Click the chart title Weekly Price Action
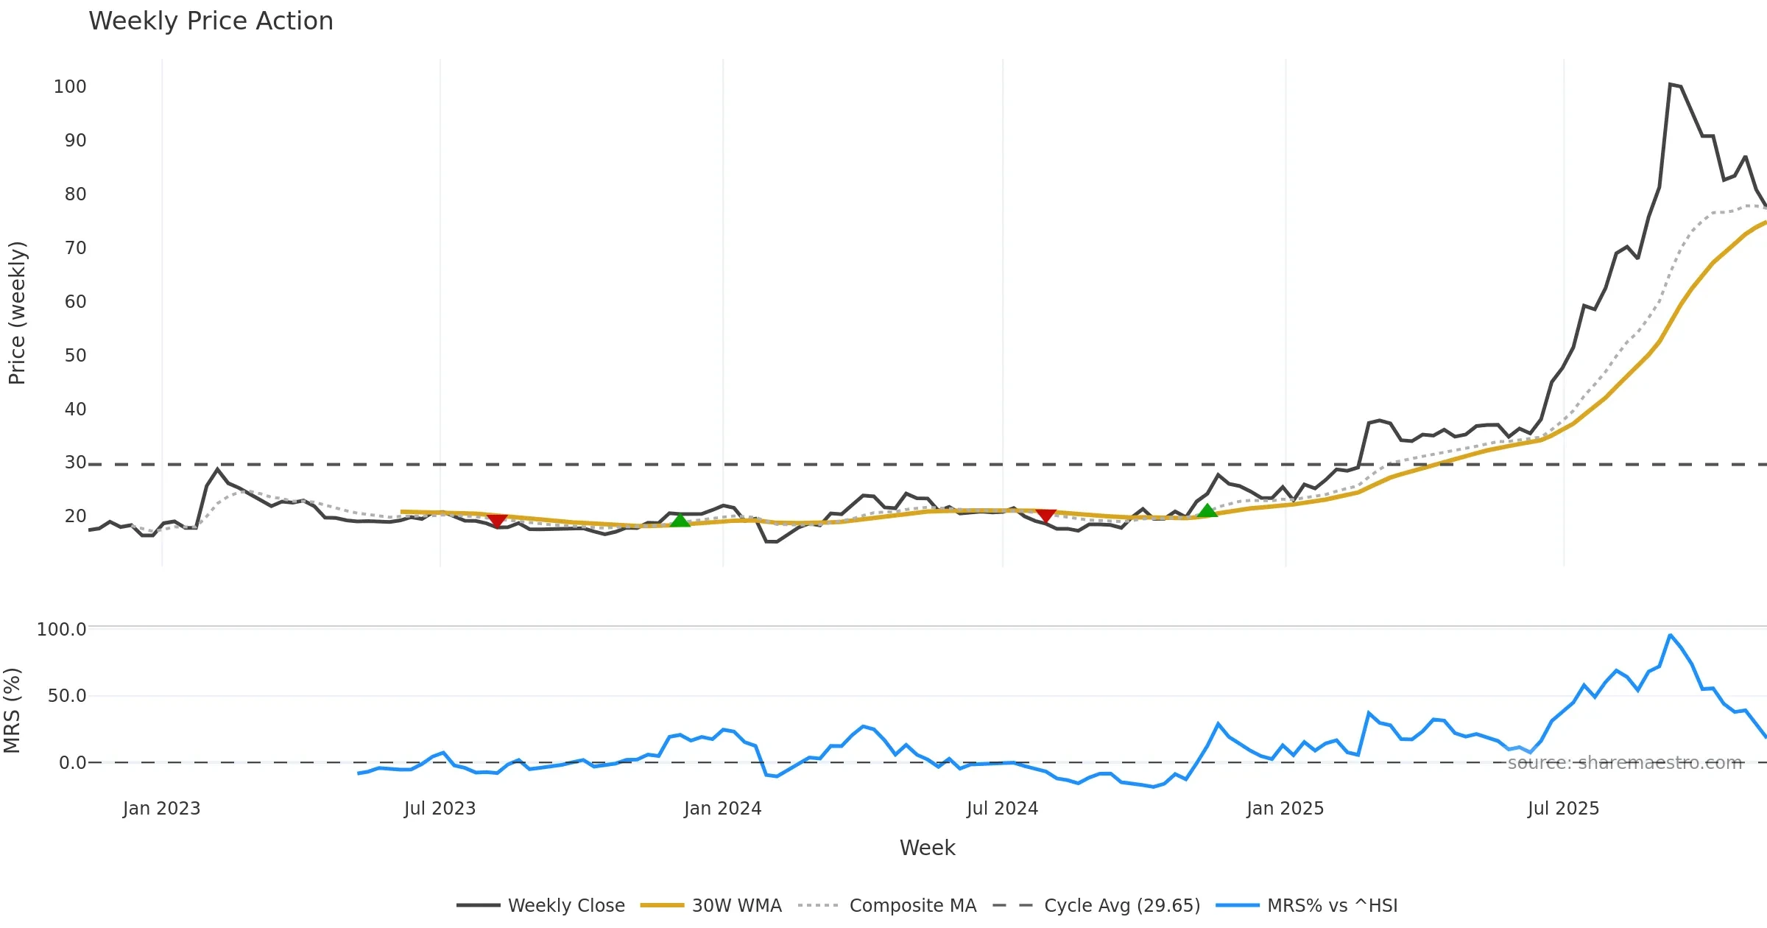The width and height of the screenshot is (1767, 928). (x=211, y=21)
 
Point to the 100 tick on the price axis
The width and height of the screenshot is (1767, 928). (x=70, y=87)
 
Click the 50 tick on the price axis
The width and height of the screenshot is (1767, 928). (x=75, y=356)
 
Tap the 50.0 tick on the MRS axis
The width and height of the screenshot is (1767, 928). (x=67, y=696)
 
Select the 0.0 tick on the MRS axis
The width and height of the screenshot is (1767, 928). (x=72, y=763)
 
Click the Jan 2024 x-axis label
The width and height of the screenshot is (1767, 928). (x=722, y=809)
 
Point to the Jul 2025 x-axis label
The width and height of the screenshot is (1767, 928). (x=1563, y=809)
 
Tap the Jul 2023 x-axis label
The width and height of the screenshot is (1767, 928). (x=440, y=809)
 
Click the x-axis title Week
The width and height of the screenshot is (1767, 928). (x=927, y=848)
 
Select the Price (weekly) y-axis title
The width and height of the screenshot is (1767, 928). (x=17, y=313)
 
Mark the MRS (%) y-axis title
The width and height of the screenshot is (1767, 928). (x=13, y=711)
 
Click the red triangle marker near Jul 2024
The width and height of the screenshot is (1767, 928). (x=1045, y=515)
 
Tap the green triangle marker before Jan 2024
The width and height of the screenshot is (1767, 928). (x=680, y=521)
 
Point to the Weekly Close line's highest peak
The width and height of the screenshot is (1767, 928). (x=1670, y=85)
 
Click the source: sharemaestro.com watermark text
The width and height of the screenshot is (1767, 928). (x=1624, y=763)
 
